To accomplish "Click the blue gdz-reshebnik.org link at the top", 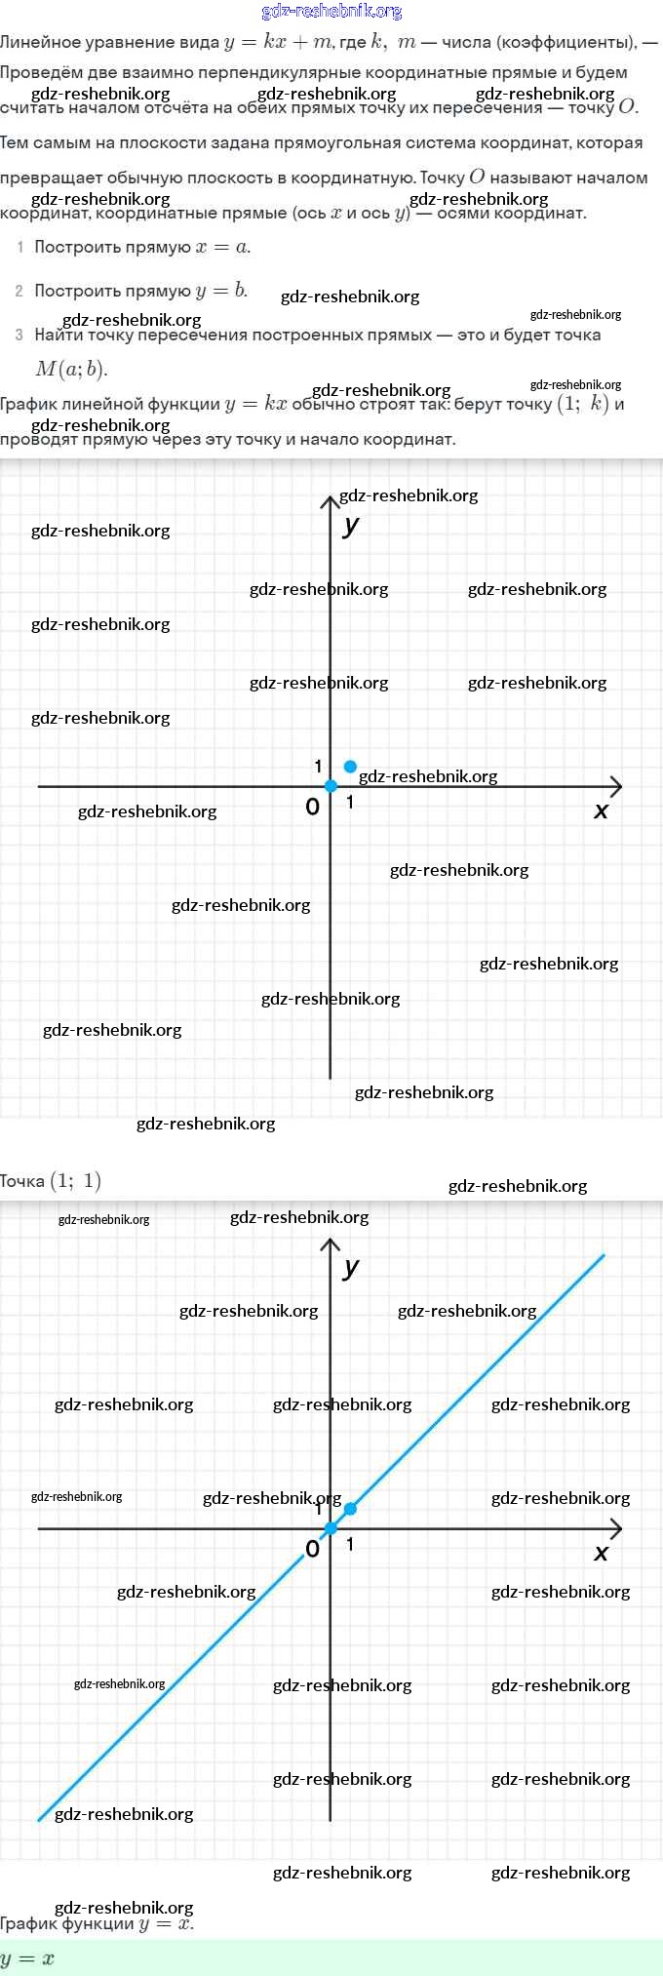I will [x=331, y=12].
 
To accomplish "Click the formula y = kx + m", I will [x=279, y=42].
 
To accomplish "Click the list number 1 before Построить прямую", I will [x=19, y=248].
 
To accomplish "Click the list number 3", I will [x=19, y=336].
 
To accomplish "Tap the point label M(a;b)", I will [x=71, y=369].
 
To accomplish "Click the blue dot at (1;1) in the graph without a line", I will [x=350, y=767].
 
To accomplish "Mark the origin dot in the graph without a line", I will [x=331, y=786].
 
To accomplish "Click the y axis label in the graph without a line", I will [x=351, y=525].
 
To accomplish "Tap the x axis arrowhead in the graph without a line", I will [x=616, y=786].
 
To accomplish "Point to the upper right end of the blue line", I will [x=604, y=1256].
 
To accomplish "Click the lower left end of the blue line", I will [x=40, y=1819].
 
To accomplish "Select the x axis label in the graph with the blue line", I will [x=601, y=1553].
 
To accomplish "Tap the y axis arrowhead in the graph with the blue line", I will [x=331, y=1245].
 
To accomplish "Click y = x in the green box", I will [x=27, y=1958].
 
